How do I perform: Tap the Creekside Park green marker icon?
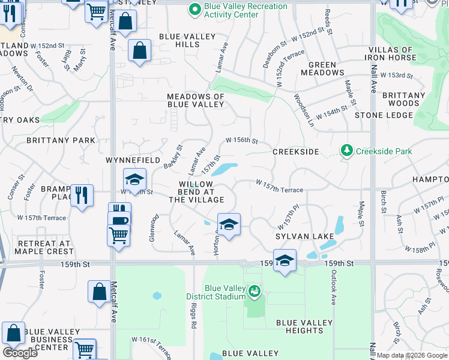click(x=346, y=150)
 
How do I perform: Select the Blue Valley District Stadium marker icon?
click(x=255, y=292)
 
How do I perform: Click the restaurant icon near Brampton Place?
click(x=82, y=195)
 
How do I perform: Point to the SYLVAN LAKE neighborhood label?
click(x=304, y=236)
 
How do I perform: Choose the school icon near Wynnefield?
click(x=135, y=179)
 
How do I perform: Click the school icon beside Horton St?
click(x=228, y=224)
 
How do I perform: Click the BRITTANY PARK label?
click(x=61, y=140)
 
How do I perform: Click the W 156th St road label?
click(x=241, y=140)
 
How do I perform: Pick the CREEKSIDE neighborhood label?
click(x=295, y=152)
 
